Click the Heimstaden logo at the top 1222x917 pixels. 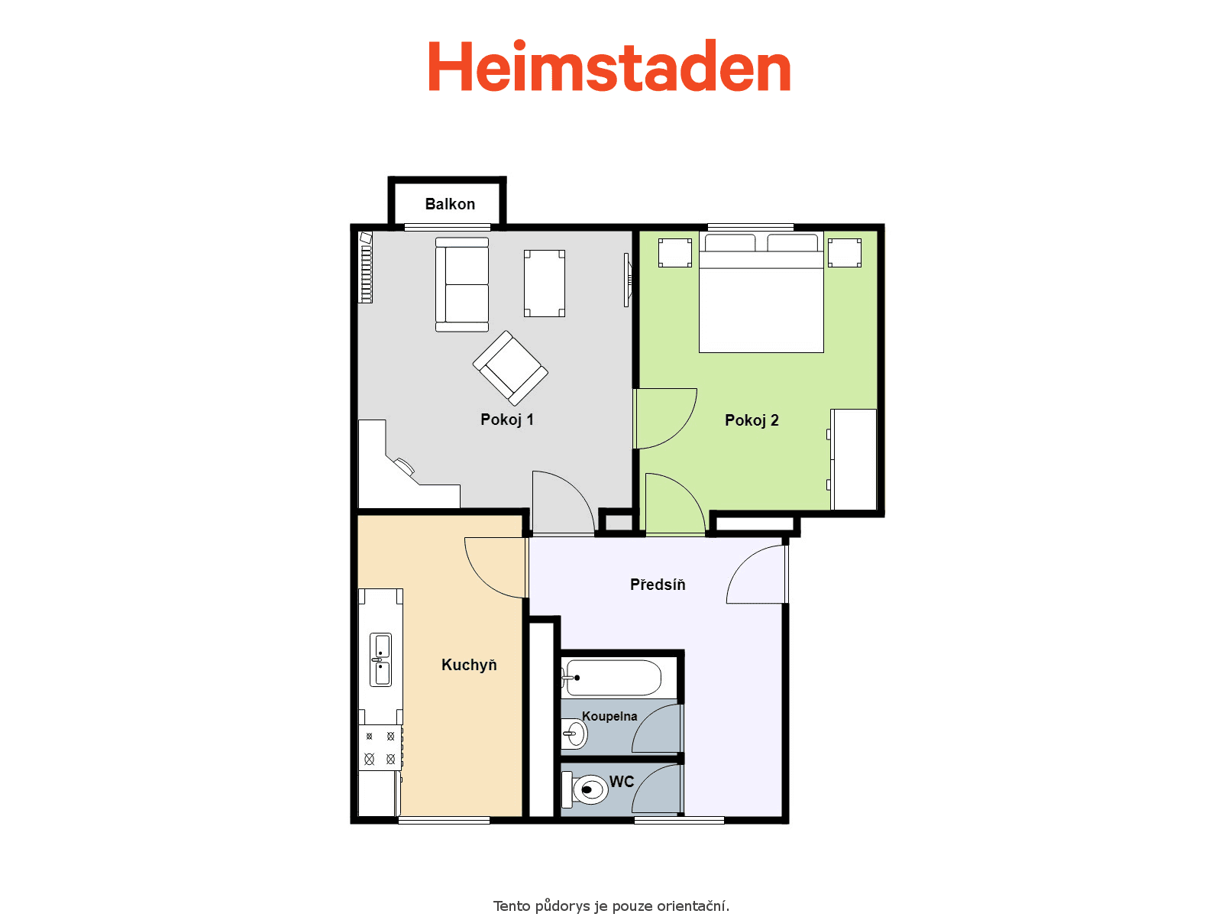coord(609,66)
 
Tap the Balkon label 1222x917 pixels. coord(450,204)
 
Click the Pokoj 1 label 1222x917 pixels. coord(506,420)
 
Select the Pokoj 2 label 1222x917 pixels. coord(752,420)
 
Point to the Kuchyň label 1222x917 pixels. coord(469,664)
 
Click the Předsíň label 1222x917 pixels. coord(658,584)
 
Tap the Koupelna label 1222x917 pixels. coord(609,716)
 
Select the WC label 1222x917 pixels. coord(622,782)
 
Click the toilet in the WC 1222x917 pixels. coord(584,789)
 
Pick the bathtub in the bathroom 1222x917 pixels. coord(611,678)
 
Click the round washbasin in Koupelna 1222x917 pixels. coord(574,734)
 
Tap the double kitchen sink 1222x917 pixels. coord(381,659)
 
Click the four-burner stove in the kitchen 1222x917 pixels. coord(380,748)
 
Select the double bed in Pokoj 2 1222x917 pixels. coord(761,293)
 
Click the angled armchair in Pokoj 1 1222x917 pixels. coord(510,368)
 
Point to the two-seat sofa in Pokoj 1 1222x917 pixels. coord(462,284)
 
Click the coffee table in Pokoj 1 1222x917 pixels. coord(545,284)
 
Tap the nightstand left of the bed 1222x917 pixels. coord(675,253)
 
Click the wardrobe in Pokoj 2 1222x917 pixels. coord(853,459)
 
